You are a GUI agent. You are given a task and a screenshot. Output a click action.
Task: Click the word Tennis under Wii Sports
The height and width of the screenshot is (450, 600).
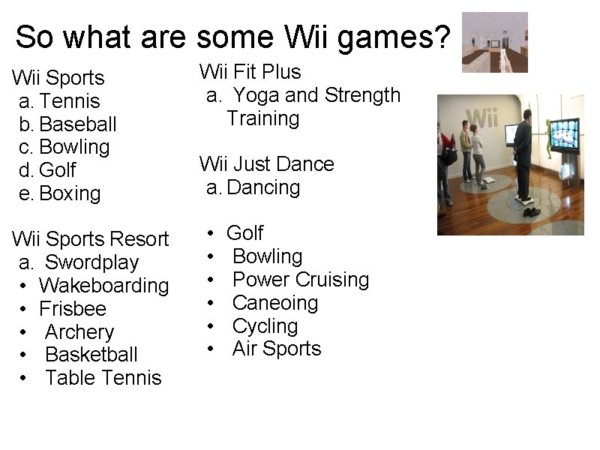click(x=69, y=101)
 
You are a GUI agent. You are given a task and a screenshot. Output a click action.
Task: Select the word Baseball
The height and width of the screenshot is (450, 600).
click(x=78, y=124)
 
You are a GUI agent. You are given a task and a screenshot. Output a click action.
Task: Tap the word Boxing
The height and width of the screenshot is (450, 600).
click(x=70, y=193)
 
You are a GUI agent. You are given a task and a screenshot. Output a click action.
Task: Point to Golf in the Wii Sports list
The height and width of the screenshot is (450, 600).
click(x=58, y=171)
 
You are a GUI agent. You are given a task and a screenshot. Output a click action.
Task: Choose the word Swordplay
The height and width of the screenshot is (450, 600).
click(x=91, y=263)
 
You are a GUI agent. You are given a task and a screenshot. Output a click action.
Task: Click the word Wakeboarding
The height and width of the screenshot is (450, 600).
click(x=104, y=286)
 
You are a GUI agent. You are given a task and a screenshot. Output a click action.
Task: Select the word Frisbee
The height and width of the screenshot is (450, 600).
click(x=73, y=309)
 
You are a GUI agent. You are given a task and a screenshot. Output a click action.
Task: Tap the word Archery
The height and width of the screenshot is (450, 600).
click(x=79, y=332)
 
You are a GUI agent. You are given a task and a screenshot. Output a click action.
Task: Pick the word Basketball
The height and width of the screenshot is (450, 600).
click(x=91, y=355)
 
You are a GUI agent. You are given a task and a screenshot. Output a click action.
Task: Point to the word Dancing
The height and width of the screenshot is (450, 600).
click(x=263, y=187)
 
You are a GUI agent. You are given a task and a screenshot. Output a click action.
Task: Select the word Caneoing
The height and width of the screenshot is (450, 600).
click(x=275, y=303)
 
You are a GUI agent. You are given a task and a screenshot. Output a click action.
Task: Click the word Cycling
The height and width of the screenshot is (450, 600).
click(x=265, y=326)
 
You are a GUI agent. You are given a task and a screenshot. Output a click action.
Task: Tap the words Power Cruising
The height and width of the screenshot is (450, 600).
click(x=301, y=280)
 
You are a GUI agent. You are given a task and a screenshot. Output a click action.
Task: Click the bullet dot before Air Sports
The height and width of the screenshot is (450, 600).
click(x=212, y=349)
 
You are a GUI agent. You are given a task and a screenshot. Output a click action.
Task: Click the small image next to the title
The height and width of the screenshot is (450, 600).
click(x=494, y=42)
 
